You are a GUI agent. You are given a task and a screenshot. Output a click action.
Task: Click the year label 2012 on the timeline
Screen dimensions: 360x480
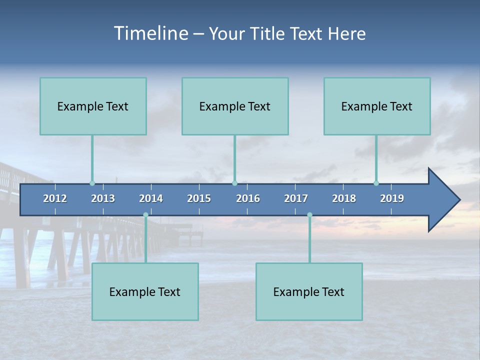point(55,198)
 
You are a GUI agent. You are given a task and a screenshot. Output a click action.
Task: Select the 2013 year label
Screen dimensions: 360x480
point(103,198)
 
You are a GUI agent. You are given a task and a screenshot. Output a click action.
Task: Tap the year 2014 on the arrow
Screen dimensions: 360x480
point(151,198)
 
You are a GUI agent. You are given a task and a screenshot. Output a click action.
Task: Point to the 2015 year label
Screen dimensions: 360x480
point(199,198)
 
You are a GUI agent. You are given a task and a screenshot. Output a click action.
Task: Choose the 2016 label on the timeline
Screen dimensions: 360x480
point(248,198)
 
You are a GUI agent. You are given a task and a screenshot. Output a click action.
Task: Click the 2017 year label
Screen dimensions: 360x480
point(296,198)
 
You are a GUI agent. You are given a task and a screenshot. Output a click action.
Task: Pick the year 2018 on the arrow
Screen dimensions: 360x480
point(344,198)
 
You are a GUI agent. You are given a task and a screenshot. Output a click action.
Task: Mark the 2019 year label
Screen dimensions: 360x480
point(392,198)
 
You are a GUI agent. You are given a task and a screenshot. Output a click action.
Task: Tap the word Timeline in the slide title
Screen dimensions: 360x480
point(150,33)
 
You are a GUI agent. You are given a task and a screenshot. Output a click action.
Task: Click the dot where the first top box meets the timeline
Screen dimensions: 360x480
point(92,183)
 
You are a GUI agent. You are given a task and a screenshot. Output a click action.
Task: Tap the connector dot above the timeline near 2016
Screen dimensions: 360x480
point(234,183)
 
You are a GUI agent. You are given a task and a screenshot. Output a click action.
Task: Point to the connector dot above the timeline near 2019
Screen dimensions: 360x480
point(376,183)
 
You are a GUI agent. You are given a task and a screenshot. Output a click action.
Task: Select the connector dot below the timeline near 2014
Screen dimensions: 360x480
point(145,215)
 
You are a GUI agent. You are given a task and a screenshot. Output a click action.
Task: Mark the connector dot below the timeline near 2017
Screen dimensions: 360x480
point(309,215)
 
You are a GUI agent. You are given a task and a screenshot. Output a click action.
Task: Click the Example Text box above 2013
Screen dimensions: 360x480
point(93,106)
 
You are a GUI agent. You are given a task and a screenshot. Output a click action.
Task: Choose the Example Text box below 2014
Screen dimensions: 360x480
point(145,291)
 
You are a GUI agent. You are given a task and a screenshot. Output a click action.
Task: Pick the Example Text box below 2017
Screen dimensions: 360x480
point(309,291)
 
